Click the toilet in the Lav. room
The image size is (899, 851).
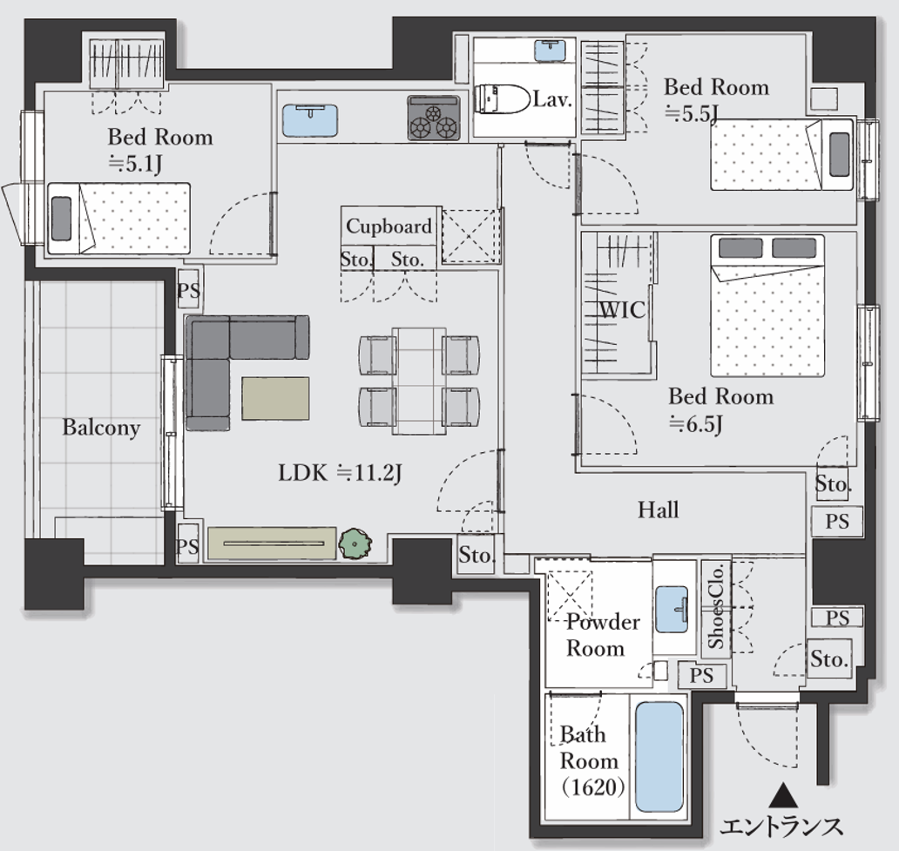(x=503, y=99)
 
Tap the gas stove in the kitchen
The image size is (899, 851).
(x=434, y=118)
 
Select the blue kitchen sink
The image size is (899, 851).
(x=309, y=120)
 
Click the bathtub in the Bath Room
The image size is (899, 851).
(x=659, y=756)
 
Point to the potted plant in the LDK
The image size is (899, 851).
(x=355, y=544)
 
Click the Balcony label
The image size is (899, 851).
(x=101, y=427)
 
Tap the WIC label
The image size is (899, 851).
(x=623, y=310)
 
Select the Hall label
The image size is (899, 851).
(x=659, y=510)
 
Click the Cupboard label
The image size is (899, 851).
(x=389, y=226)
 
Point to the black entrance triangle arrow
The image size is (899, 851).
(x=783, y=796)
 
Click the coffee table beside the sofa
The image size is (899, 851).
(x=275, y=398)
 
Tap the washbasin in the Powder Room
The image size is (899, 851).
(x=672, y=609)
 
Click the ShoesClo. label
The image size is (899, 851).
(x=716, y=607)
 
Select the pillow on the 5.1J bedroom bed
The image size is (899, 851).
(x=61, y=219)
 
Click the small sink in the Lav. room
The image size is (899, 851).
(x=550, y=51)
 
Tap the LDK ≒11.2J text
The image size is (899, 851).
(x=340, y=473)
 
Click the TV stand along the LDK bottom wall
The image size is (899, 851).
(x=272, y=543)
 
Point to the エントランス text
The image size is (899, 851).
(x=781, y=827)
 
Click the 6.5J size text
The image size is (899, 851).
(x=695, y=424)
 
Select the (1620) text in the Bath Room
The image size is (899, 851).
(x=593, y=787)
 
